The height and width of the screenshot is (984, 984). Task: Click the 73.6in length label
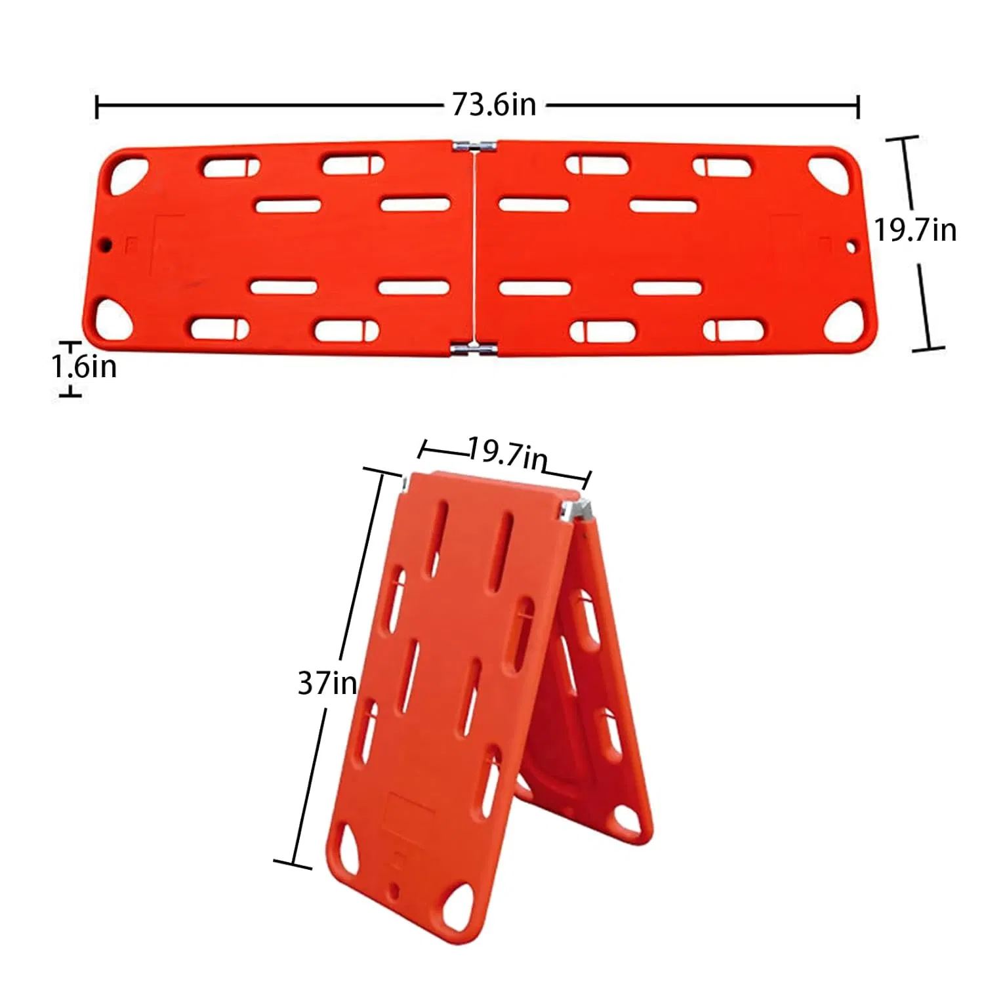pyautogui.click(x=493, y=105)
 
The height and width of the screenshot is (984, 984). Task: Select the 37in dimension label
pyautogui.click(x=327, y=684)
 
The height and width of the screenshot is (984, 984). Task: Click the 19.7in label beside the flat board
pyautogui.click(x=914, y=230)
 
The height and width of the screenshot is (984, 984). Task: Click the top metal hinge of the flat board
pyautogui.click(x=474, y=146)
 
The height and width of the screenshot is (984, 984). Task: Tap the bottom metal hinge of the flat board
pyautogui.click(x=473, y=349)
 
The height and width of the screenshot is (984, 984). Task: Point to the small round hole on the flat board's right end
pyautogui.click(x=851, y=248)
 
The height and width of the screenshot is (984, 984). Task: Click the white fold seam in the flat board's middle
pyautogui.click(x=474, y=249)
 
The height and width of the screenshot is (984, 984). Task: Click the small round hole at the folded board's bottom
pyautogui.click(x=394, y=891)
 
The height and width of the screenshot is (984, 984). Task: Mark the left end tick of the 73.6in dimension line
pyautogui.click(x=97, y=106)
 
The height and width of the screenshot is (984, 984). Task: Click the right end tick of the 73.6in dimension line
pyautogui.click(x=858, y=106)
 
